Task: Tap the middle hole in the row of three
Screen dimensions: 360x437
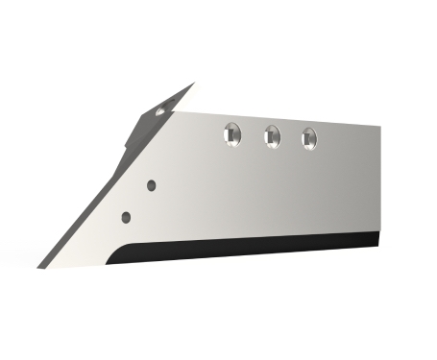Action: point(272,136)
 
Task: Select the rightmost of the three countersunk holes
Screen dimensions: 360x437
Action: point(308,137)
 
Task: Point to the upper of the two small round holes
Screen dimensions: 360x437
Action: point(151,182)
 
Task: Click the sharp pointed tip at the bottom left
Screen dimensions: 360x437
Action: point(41,265)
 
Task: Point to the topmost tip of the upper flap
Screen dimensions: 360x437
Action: point(194,84)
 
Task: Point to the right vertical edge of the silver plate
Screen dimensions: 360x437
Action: point(377,178)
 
